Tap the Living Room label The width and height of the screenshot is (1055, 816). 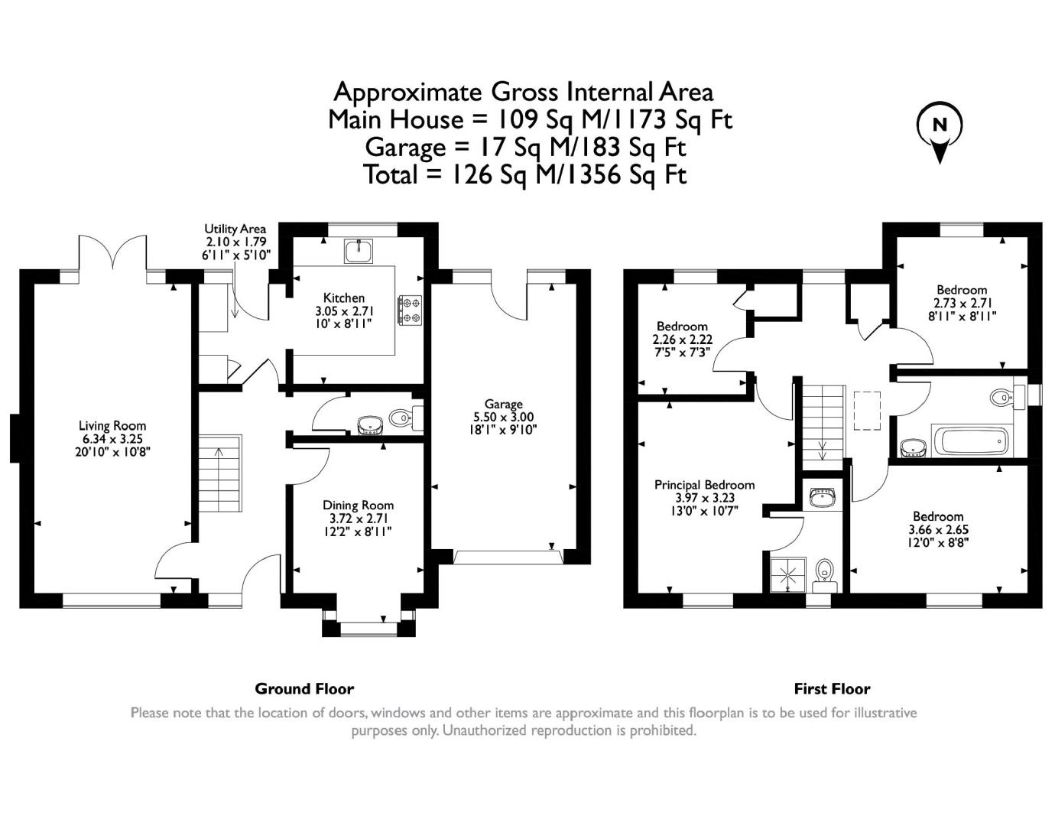[112, 426]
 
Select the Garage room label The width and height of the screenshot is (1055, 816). [504, 404]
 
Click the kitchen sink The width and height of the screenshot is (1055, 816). [359, 251]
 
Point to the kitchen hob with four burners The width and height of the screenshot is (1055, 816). [411, 310]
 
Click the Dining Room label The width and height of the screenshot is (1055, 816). [358, 506]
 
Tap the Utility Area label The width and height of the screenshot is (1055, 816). [235, 229]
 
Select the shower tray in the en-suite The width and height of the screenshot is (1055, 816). [788, 575]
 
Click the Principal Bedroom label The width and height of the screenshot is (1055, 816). [704, 485]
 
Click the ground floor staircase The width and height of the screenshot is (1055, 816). [220, 474]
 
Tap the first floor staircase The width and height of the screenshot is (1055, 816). [823, 424]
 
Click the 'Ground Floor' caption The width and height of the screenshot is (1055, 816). [304, 689]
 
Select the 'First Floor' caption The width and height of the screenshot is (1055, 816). [833, 689]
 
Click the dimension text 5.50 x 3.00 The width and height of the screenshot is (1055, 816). [504, 417]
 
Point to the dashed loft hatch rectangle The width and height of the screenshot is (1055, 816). [867, 411]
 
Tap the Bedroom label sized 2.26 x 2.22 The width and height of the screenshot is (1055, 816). [682, 327]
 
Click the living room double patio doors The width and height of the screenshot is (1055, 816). [112, 252]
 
